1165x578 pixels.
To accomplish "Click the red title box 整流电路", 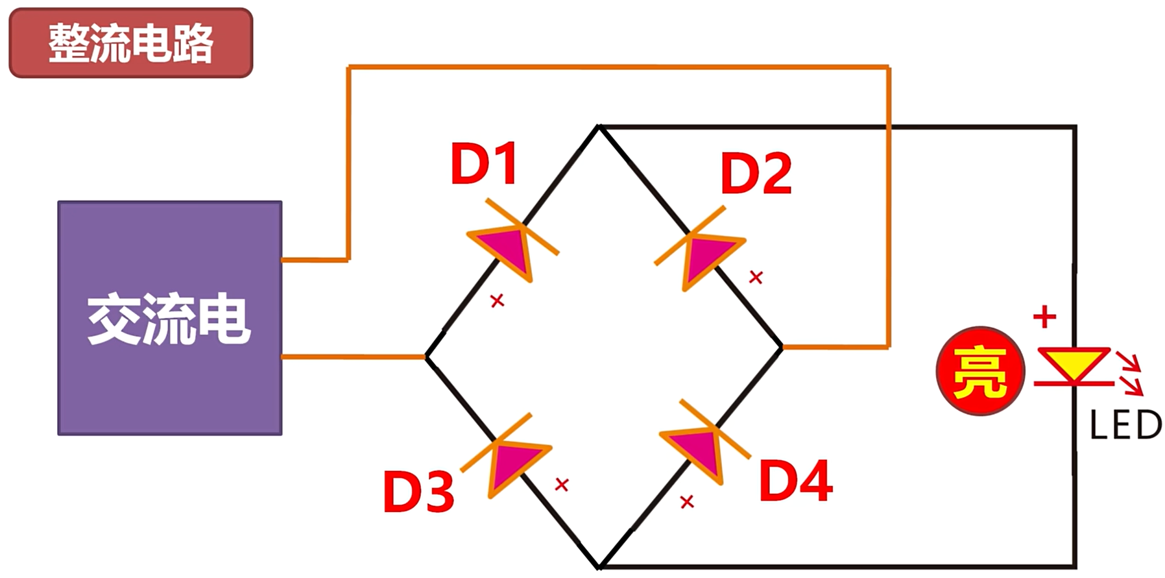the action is [x=130, y=43].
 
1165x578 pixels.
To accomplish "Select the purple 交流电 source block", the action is [x=170, y=318].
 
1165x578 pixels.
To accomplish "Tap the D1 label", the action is [x=484, y=163].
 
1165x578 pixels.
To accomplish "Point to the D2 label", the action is [x=756, y=173].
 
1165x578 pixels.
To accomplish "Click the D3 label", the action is [x=418, y=491].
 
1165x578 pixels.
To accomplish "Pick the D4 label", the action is [x=796, y=481].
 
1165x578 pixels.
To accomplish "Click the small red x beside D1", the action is [x=498, y=300].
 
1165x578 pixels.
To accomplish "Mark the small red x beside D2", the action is [x=756, y=278].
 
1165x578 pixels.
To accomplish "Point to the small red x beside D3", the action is [x=562, y=485].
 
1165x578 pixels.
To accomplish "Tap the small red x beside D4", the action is [x=687, y=501].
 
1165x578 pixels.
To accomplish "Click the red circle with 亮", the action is [x=980, y=371].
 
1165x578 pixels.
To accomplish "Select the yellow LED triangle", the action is [x=1074, y=363].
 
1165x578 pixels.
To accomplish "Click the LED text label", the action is [x=1125, y=426].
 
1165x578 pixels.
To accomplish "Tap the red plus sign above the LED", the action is [x=1044, y=317].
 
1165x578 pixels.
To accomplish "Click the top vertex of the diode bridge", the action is [x=599, y=126].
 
